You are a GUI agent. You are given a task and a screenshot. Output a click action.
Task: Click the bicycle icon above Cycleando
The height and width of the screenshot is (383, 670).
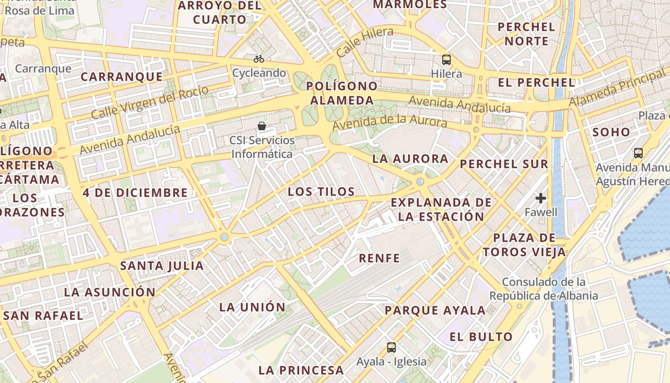pyautogui.click(x=259, y=59)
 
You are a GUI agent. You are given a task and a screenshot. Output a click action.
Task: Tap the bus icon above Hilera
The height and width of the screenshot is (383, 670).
pyautogui.click(x=447, y=60)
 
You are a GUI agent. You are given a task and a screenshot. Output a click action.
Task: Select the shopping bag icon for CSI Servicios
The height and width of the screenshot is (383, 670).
pyautogui.click(x=262, y=126)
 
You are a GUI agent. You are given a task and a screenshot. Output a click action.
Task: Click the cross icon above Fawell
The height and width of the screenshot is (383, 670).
pyautogui.click(x=541, y=198)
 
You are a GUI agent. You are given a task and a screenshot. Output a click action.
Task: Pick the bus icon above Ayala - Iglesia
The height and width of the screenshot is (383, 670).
pyautogui.click(x=391, y=347)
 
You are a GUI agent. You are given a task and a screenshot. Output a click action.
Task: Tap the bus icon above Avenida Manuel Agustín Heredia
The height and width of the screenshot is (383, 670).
pyautogui.click(x=638, y=153)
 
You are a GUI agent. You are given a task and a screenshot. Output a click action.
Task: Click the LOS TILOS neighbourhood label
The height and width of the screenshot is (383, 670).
pyautogui.click(x=321, y=192)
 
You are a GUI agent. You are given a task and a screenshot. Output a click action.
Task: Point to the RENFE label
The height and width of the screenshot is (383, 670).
pyautogui.click(x=380, y=258)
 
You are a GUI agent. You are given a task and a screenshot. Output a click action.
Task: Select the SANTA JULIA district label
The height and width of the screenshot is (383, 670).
pyautogui.click(x=162, y=266)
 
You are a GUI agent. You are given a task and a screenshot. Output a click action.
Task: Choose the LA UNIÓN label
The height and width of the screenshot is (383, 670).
pyautogui.click(x=252, y=307)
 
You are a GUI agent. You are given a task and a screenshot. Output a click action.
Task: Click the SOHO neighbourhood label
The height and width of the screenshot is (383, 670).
pyautogui.click(x=611, y=132)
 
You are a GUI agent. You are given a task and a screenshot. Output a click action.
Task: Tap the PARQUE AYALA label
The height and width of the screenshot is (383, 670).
pyautogui.click(x=435, y=310)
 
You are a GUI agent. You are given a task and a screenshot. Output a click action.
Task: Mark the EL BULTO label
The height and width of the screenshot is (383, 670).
pyautogui.click(x=481, y=337)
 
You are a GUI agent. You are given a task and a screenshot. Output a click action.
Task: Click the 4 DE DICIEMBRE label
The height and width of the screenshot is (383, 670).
pyautogui.click(x=135, y=193)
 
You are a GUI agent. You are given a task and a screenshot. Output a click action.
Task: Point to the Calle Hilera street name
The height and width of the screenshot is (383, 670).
pyautogui.click(x=365, y=42)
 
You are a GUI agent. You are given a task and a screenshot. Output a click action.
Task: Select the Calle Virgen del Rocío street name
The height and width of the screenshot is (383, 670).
pyautogui.click(x=149, y=102)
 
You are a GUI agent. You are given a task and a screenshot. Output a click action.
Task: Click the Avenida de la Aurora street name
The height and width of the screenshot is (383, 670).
pyautogui.click(x=390, y=121)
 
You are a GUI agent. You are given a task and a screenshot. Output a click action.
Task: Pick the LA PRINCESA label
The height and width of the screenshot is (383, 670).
pyautogui.click(x=301, y=370)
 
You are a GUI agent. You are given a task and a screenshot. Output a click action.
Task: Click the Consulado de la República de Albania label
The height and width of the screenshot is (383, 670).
pyautogui.click(x=544, y=289)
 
